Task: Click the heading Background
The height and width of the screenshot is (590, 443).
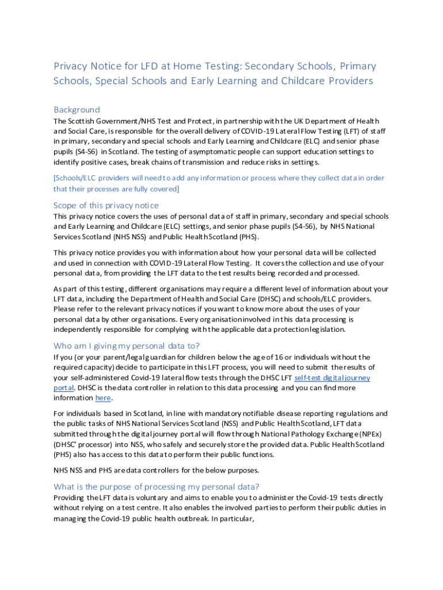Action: coord(77,109)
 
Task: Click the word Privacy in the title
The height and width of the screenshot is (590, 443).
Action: coord(70,66)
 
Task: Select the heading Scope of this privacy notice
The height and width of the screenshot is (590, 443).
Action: coord(106,205)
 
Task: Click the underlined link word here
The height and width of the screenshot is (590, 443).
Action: coord(103,398)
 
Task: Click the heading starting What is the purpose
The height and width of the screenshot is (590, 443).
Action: coord(156,486)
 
